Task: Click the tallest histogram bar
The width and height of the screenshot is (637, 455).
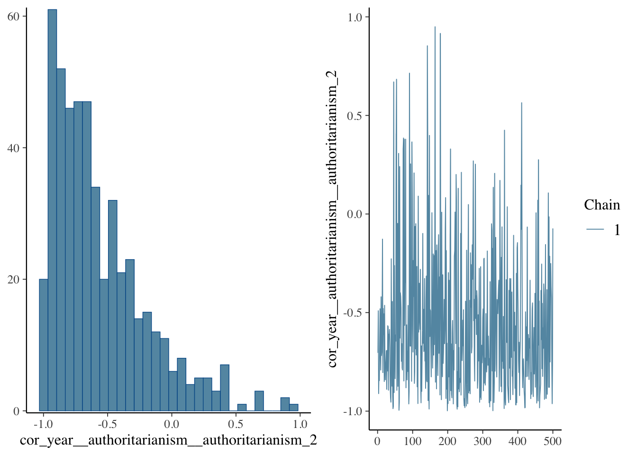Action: click(x=52, y=210)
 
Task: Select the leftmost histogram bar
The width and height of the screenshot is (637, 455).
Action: click(x=44, y=345)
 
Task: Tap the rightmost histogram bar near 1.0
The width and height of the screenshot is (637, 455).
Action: click(x=294, y=408)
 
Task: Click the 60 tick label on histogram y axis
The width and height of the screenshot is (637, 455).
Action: click(x=13, y=17)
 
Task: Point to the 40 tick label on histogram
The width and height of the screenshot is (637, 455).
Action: click(x=13, y=148)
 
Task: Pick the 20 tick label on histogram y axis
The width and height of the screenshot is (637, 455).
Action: click(x=13, y=280)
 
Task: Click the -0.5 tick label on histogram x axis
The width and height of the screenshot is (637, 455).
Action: click(x=107, y=425)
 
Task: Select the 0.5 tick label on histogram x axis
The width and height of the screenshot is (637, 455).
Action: click(x=236, y=425)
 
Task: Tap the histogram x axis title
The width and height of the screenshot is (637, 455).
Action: click(x=168, y=440)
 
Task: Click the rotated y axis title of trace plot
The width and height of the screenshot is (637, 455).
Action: click(x=332, y=218)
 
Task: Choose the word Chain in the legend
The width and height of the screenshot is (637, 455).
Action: click(x=602, y=205)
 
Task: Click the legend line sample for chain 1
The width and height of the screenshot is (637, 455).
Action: click(x=595, y=229)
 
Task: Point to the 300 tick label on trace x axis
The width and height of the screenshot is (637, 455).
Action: click(x=482, y=441)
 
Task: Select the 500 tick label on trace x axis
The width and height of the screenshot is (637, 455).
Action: click(x=553, y=441)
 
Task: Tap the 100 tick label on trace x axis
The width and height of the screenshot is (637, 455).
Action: click(x=412, y=441)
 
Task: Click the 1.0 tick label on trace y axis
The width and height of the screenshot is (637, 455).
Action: click(x=355, y=18)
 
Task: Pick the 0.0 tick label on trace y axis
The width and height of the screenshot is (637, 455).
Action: click(x=355, y=214)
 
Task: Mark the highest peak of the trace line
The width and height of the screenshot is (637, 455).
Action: click(x=435, y=27)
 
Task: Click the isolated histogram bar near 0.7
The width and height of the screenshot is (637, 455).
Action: click(x=259, y=401)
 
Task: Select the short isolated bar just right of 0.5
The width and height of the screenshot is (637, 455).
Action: click(x=242, y=408)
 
